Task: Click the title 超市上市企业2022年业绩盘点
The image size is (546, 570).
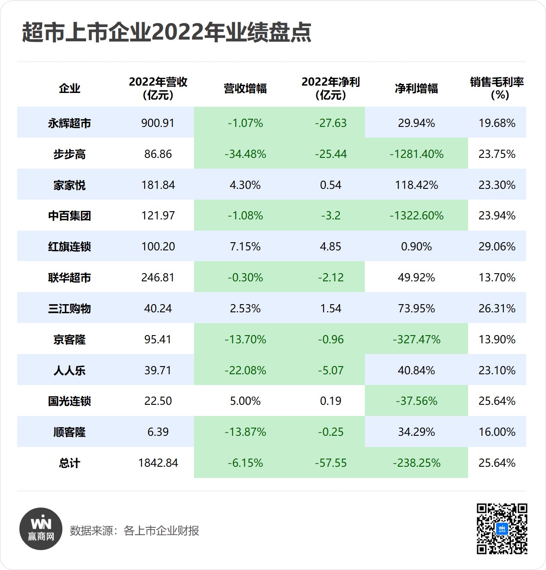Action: point(167,32)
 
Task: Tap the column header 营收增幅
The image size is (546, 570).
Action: point(245,89)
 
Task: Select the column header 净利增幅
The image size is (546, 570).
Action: point(416,89)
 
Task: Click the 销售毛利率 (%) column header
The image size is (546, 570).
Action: point(497,88)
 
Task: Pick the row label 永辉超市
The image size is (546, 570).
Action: point(69,123)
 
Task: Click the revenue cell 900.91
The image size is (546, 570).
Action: point(158,123)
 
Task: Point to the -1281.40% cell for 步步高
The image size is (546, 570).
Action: point(416,154)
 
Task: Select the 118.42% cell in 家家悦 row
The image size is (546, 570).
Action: point(416,185)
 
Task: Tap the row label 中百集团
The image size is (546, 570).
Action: point(69,216)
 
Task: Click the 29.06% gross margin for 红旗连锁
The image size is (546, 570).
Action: point(497,246)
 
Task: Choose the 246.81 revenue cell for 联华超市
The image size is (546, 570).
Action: point(158,277)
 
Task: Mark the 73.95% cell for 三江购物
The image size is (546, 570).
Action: point(416,308)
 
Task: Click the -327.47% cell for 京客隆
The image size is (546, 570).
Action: point(416,339)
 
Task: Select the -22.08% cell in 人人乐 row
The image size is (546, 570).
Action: point(245,370)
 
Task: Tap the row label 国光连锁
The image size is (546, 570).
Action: point(69,401)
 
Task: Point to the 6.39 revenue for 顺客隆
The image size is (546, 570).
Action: point(158,432)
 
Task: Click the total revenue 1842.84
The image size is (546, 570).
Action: point(158,463)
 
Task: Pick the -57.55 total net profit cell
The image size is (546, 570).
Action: point(330,463)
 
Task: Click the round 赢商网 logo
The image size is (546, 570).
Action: point(41,529)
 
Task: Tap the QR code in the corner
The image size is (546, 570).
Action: point(502,529)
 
